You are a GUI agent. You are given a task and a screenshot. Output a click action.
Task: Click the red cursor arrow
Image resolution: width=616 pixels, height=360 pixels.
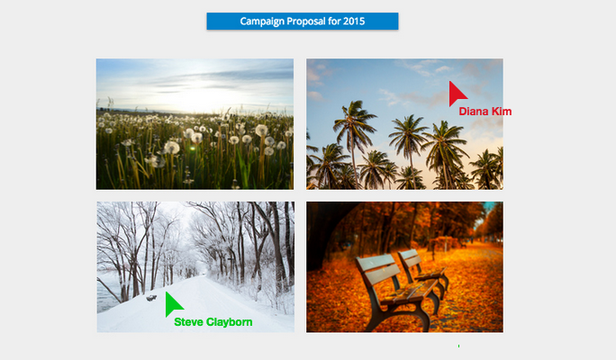coord(457,94)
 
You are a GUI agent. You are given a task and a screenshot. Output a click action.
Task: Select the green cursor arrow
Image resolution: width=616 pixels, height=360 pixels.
coord(173,303)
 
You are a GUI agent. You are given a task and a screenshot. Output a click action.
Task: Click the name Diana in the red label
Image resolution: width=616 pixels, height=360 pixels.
coord(474,112)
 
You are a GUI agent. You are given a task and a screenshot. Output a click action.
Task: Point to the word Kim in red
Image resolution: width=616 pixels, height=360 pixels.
coord(502,112)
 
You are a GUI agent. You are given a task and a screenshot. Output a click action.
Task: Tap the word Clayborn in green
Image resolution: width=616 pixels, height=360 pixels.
coord(230,322)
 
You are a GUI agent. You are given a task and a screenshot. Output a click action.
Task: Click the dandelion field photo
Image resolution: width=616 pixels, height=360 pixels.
coord(195,124)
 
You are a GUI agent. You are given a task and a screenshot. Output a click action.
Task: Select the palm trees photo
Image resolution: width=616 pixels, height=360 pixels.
coord(404,124)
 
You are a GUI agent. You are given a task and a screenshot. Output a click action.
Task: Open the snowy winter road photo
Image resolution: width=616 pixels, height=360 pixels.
coord(195,267)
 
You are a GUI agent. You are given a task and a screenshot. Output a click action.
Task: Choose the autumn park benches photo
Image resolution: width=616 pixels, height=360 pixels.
coord(404,267)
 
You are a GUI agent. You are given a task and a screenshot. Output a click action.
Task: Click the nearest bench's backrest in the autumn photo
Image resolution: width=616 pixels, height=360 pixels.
coord(377,269)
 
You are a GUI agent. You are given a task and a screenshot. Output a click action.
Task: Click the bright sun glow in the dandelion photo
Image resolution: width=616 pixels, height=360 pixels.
coord(196,98)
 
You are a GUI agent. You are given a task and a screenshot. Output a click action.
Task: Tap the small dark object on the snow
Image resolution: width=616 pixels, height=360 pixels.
coord(151,299)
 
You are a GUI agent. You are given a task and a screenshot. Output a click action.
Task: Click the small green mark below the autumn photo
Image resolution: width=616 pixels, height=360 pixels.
coord(459,346)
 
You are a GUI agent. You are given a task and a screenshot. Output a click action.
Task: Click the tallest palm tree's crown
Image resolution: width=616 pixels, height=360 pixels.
coord(355,117)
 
